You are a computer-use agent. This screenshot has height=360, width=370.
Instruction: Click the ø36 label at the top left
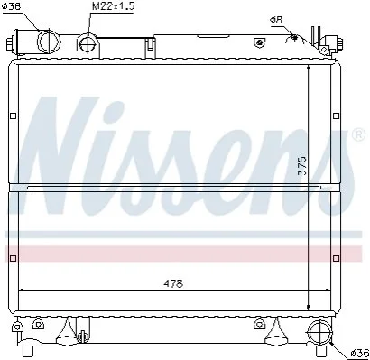click(11, 6)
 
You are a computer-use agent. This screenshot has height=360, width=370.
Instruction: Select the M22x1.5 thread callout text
click(113, 6)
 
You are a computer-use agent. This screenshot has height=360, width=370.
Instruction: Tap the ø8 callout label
click(276, 20)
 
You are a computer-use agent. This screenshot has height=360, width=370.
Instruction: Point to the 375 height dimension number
click(302, 165)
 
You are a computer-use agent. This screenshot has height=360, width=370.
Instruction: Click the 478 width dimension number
click(173, 283)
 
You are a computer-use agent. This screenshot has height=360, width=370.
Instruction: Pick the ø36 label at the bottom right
click(359, 352)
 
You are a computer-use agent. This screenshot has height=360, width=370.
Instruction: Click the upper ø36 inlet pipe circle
click(49, 42)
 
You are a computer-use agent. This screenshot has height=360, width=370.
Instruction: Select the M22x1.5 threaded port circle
click(88, 44)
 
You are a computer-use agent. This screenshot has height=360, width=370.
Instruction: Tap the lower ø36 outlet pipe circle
click(319, 333)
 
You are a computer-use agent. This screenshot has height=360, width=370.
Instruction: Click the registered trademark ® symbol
click(358, 135)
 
